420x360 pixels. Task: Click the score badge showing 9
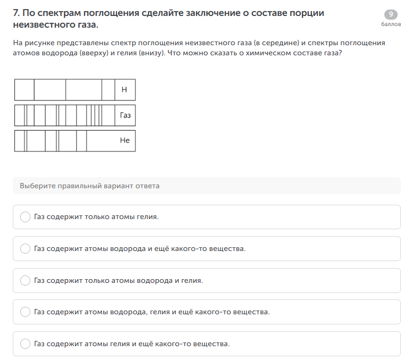[391, 14]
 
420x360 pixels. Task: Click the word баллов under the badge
[391, 24]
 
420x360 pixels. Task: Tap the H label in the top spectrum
[124, 90]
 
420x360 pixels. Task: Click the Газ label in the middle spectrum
[125, 115]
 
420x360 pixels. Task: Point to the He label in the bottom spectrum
[125, 140]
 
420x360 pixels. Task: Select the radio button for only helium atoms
[25, 217]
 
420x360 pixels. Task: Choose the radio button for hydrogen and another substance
[25, 249]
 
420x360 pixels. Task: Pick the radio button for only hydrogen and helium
[25, 281]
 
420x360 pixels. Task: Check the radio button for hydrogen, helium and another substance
[25, 312]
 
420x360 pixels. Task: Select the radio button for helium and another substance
[25, 344]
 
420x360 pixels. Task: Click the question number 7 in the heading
[17, 13]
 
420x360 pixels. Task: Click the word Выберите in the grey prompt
[38, 186]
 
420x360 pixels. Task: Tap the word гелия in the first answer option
[147, 217]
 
